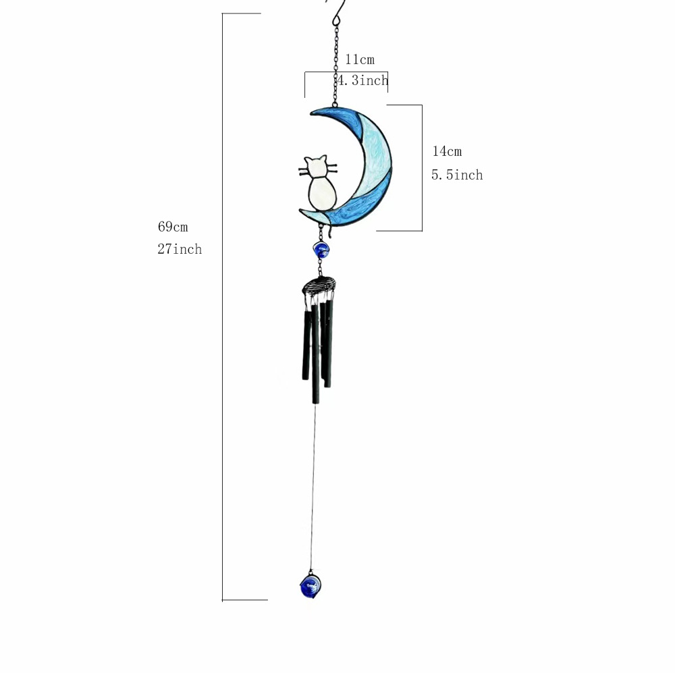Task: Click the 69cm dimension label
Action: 173,227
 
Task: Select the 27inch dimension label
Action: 180,249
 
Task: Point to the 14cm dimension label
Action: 447,151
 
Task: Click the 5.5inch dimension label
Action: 457,175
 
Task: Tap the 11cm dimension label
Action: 359,59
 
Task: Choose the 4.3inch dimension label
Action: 363,81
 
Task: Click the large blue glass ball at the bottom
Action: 310,585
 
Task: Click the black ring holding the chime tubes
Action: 318,286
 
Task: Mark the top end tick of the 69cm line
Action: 241,14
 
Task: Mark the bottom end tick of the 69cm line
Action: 244,599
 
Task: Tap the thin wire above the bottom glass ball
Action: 313,486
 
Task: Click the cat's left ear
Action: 307,161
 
